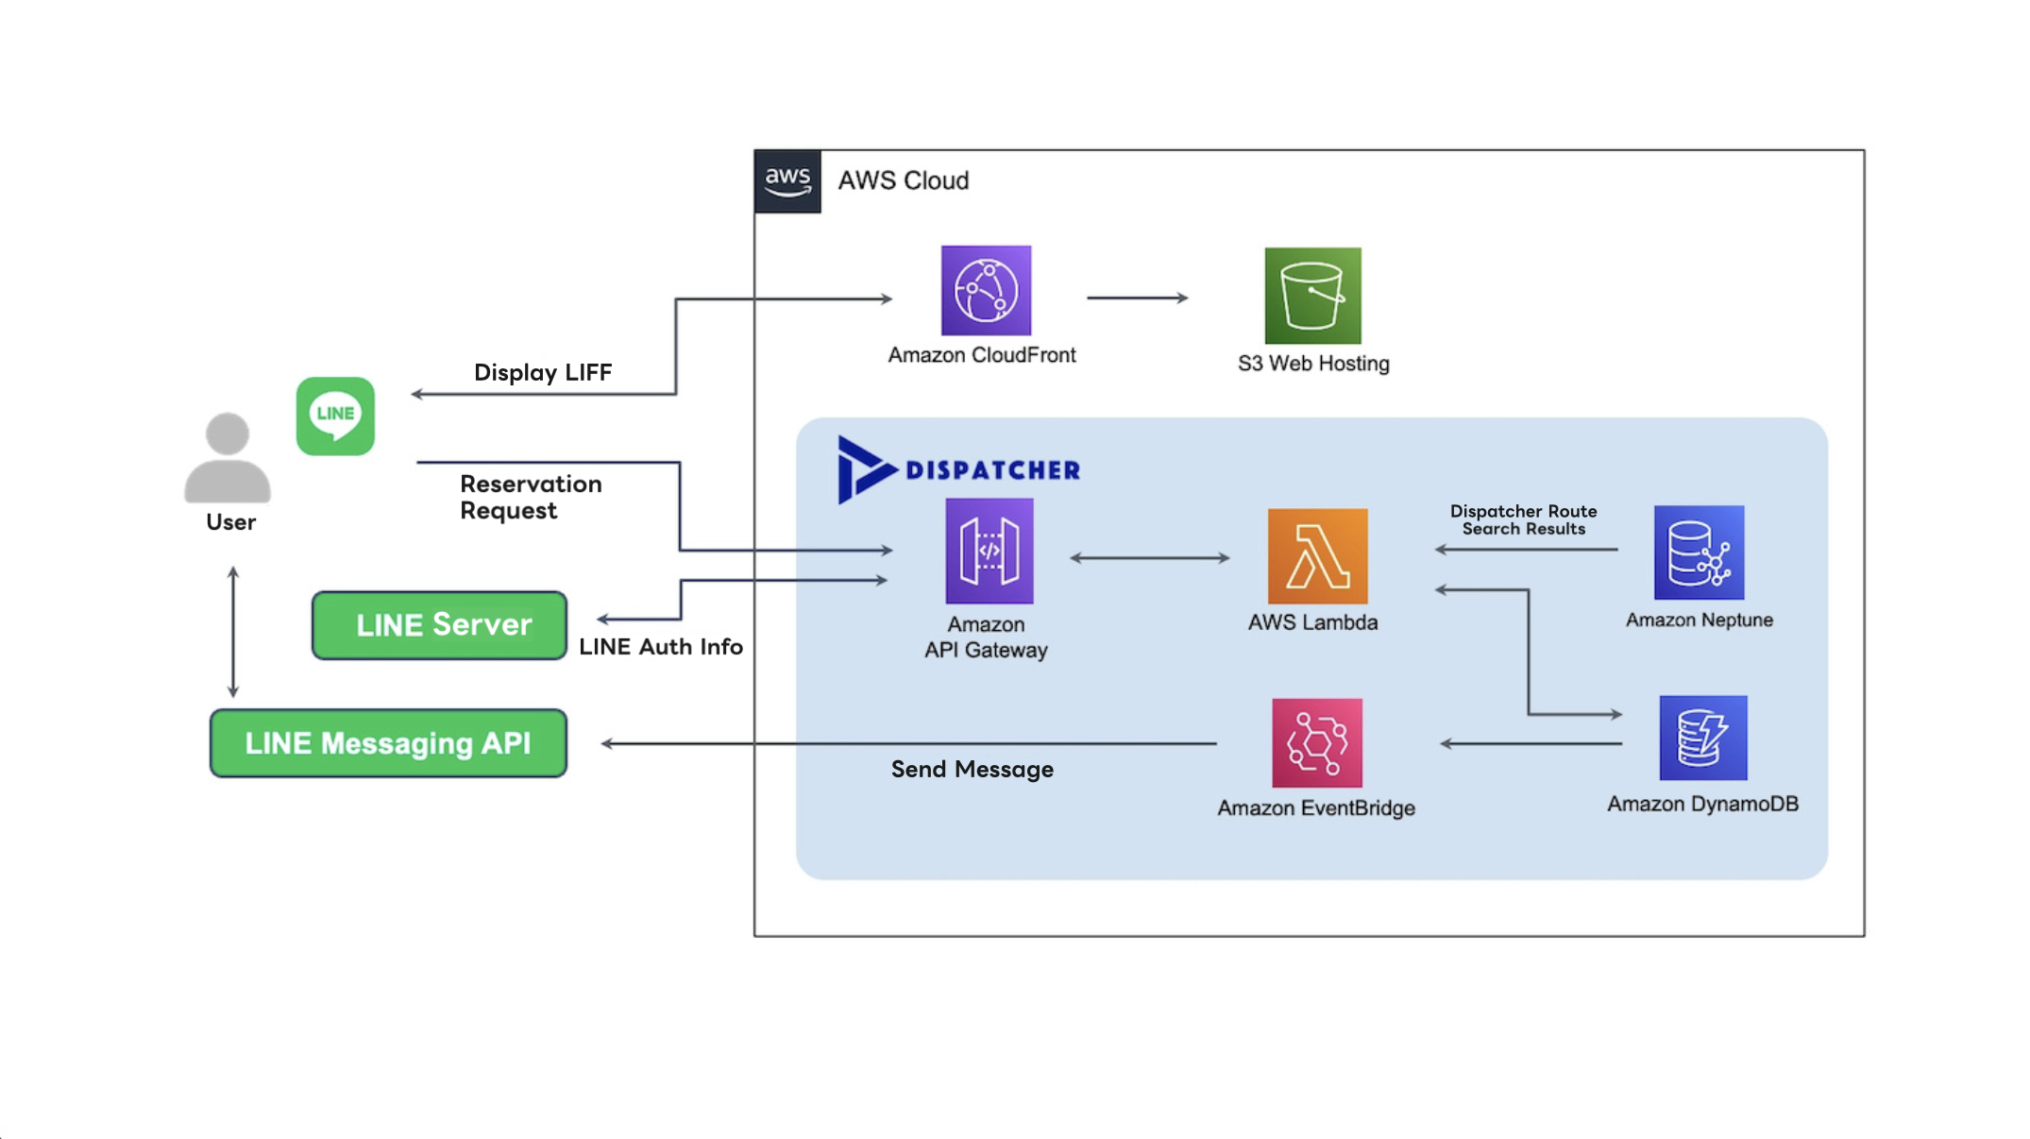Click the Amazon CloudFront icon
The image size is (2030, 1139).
click(x=986, y=291)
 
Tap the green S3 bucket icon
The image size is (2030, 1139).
click(x=1312, y=296)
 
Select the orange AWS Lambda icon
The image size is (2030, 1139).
click(x=1317, y=556)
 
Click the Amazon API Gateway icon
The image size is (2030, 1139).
click(x=989, y=552)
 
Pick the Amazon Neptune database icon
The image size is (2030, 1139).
click(x=1699, y=552)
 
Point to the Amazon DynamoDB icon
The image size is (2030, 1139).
click(x=1702, y=739)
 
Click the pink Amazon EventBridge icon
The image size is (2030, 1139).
click(x=1316, y=743)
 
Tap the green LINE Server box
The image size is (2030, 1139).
click(x=439, y=625)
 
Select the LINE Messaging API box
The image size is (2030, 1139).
click(x=388, y=743)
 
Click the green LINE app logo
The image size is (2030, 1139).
click(x=335, y=416)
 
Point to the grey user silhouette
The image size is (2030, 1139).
click(x=228, y=457)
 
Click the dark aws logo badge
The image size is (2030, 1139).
click(x=787, y=180)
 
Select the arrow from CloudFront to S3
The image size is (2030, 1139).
click(x=1137, y=297)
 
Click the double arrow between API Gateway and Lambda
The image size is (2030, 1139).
click(x=1149, y=558)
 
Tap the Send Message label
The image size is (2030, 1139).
click(x=972, y=770)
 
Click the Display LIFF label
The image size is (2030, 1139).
click(x=542, y=372)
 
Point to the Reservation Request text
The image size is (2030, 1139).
click(x=530, y=497)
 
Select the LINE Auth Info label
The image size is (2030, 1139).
click(x=660, y=647)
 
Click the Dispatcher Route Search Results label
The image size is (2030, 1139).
click(x=1523, y=519)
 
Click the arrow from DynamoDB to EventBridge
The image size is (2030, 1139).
click(x=1531, y=744)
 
